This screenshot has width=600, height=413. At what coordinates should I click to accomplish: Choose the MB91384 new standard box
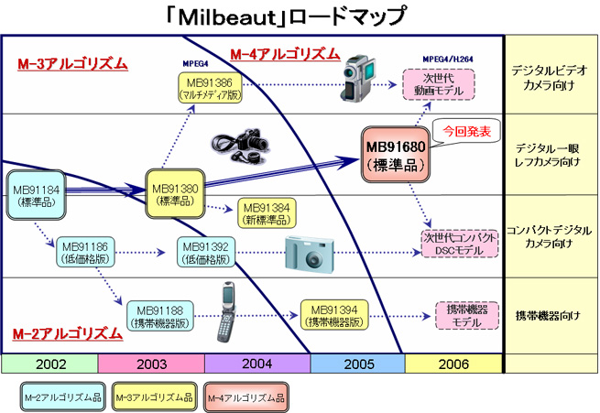point(267,212)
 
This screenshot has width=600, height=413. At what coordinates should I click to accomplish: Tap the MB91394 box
point(333,316)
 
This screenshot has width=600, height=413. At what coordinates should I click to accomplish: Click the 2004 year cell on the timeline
point(256,364)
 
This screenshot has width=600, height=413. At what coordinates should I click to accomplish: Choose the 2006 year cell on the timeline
point(453,364)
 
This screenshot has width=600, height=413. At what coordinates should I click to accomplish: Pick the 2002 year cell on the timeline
point(49,364)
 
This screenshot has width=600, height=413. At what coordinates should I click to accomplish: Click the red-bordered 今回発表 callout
point(465,131)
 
